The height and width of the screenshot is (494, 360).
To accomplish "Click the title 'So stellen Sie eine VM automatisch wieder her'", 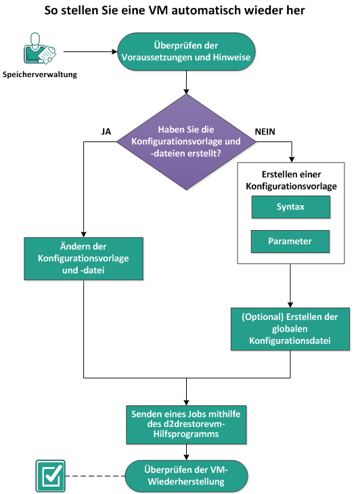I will click(180, 11).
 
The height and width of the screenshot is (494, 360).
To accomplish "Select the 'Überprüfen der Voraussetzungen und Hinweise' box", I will click(187, 51).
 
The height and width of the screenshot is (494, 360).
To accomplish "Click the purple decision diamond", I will click(185, 141).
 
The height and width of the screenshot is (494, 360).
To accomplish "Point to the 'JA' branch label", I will click(106, 131).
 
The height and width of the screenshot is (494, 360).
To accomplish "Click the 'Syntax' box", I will click(290, 207).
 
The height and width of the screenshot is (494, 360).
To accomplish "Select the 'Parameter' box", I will click(290, 241).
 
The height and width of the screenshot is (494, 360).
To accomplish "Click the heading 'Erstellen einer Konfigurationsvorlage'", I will click(290, 179).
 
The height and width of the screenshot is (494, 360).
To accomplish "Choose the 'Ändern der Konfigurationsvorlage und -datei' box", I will click(83, 258).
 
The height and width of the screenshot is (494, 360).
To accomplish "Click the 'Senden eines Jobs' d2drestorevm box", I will click(185, 424).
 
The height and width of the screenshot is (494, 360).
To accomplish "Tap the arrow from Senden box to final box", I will click(185, 450).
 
